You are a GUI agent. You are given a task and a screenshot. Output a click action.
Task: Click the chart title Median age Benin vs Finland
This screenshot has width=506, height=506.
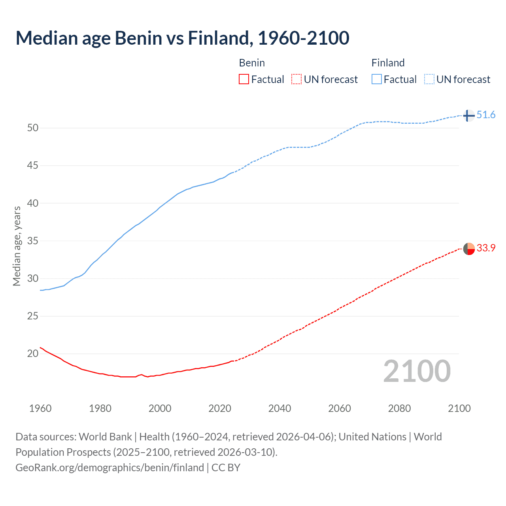coord(182,38)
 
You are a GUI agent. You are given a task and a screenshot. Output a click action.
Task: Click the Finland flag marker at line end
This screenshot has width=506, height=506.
coord(468,115)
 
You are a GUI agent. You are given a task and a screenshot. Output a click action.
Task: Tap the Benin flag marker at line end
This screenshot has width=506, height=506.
coord(468,249)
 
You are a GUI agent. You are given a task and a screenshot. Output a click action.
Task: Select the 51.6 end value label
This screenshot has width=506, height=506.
coord(486,115)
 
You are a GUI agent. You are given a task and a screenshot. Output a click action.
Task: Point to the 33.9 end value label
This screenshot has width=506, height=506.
coord(486,248)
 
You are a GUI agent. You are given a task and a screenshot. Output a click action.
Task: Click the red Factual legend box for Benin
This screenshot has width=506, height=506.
coord(244,79)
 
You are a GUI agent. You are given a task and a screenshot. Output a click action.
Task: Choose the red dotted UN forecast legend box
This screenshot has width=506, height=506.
coord(296,79)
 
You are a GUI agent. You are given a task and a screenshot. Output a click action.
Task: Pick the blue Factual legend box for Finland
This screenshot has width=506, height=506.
coord(376,79)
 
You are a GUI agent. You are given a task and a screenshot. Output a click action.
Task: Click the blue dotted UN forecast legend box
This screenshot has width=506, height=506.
coord(429,79)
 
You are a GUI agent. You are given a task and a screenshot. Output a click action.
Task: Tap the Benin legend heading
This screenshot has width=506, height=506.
coord(252,63)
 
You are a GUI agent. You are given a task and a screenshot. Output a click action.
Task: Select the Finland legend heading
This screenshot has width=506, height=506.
coord(388,63)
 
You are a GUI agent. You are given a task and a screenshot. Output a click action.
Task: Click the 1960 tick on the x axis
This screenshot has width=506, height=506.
coord(40,408)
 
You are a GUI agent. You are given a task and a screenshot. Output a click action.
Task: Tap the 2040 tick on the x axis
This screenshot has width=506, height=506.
coord(279,408)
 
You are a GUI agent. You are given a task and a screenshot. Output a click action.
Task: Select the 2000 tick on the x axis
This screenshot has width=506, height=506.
coord(160,408)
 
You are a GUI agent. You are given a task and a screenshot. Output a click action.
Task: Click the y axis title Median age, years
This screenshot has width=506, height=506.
coord(17,246)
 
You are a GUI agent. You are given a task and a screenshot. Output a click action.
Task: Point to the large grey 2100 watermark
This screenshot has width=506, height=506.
coord(417,371)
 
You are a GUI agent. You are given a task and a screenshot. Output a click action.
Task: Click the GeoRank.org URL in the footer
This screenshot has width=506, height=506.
coord(110,468)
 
